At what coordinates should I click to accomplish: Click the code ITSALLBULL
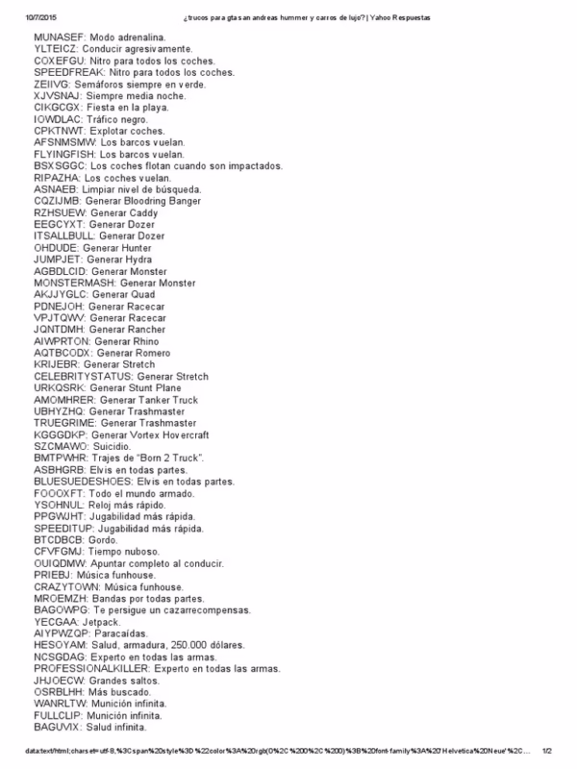[63, 236]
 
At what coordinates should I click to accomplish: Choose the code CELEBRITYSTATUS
[81, 376]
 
